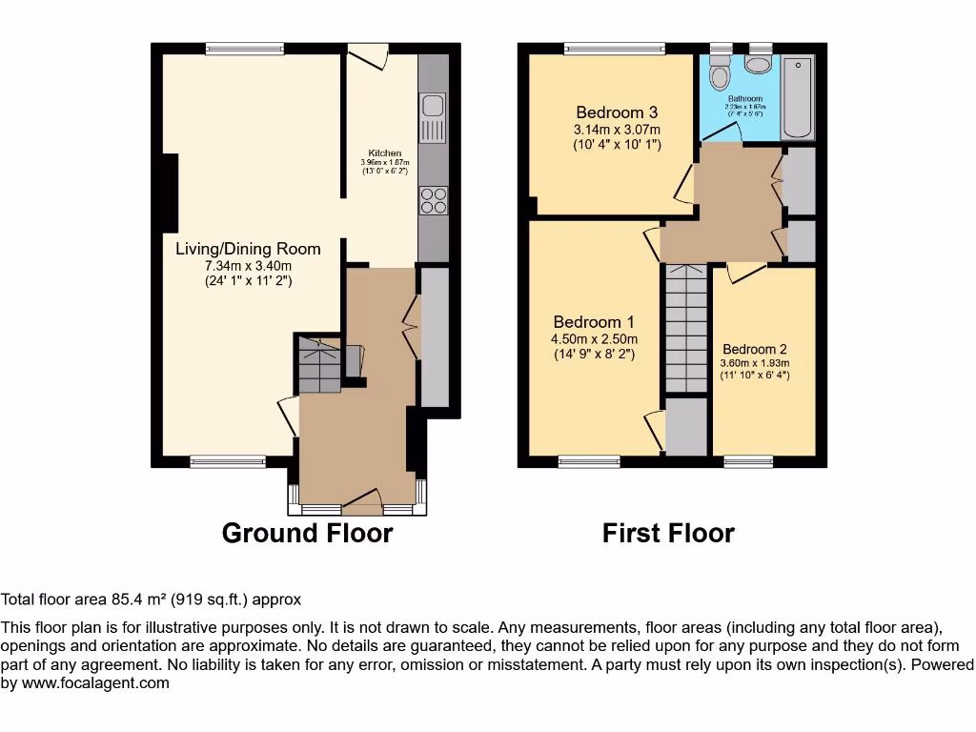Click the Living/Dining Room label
point(248,249)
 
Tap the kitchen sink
point(432,116)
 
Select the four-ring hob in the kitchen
point(433,200)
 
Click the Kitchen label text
point(385,153)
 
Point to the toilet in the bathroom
point(720,72)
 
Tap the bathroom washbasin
point(760,63)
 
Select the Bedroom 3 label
point(617,112)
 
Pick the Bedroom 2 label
point(755,349)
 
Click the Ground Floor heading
point(307,533)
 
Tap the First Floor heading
point(668,533)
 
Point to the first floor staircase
point(686,329)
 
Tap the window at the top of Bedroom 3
point(614,49)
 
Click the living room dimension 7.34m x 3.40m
point(248,265)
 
